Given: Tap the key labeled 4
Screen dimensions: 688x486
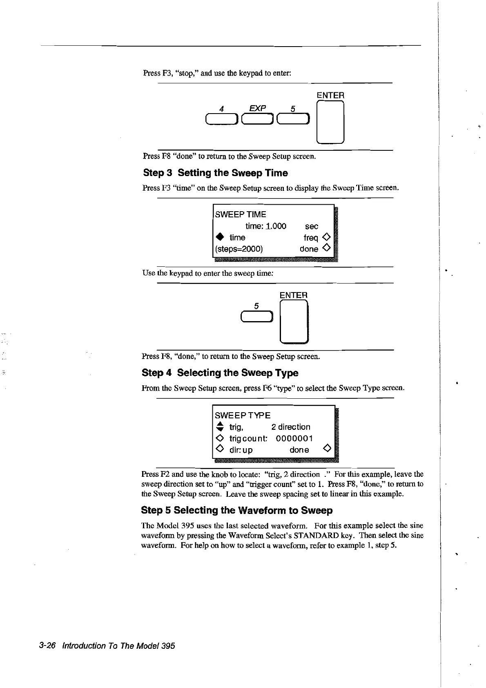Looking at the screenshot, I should coord(222,118).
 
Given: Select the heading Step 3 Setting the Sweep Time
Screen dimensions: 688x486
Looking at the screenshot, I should coord(215,173).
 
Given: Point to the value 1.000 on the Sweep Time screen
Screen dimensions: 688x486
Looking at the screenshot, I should coord(276,226).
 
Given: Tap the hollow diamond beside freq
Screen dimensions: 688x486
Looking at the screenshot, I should coord(326,237).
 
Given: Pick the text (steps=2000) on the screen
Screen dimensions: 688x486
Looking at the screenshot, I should coord(239,249).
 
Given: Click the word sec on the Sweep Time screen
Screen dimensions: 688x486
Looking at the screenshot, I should coord(311,226).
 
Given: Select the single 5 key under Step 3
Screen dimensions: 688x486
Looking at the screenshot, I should coord(256,316).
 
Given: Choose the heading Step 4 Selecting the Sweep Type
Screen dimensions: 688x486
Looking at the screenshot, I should coord(220,373).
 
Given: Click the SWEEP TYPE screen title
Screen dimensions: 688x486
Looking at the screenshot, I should coord(243,415).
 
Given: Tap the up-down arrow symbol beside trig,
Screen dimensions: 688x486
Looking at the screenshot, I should coord(220,427).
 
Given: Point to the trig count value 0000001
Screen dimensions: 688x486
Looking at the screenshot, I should coord(294,438).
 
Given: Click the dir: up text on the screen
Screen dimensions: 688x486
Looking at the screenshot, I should coord(241,450).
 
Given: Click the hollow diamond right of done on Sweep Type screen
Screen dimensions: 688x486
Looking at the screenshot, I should coord(326,449).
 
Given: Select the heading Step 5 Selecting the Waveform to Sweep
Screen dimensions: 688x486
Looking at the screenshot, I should coord(236,510).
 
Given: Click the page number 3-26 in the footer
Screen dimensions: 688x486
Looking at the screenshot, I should coord(47,646).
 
